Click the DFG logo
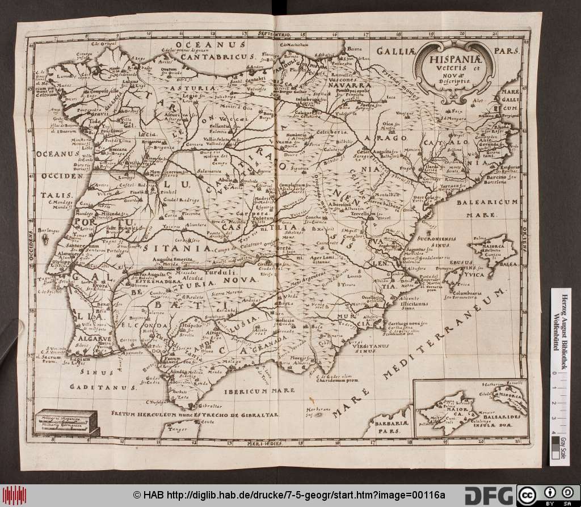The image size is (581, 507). (x=489, y=495)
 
